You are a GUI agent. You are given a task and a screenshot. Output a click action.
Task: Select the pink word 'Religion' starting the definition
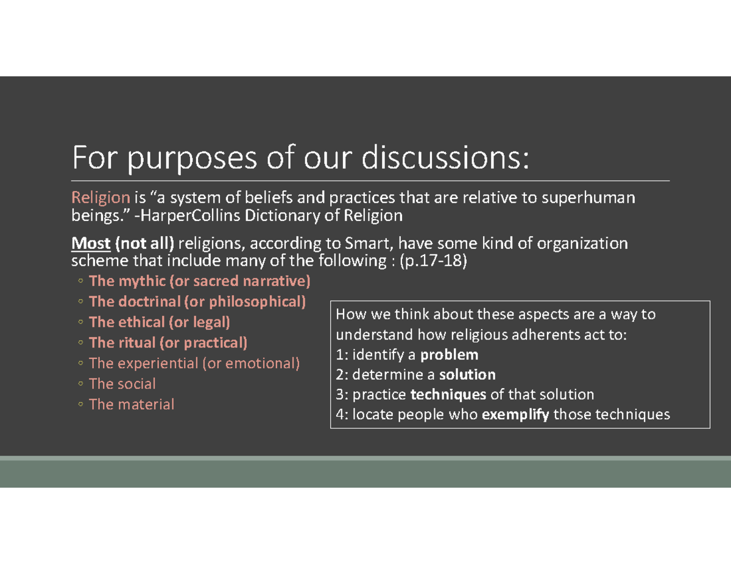tap(101, 197)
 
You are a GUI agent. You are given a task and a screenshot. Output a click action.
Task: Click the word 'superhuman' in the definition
tap(600, 197)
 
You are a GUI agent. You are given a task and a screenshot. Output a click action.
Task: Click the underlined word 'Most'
tap(91, 244)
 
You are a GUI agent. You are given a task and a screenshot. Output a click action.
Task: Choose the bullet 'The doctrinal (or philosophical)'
tap(197, 302)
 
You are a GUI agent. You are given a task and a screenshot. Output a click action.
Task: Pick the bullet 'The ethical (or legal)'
tap(159, 322)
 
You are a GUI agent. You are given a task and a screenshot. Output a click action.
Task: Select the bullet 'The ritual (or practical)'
tap(168, 343)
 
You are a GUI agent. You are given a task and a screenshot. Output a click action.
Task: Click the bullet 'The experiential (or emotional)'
tap(194, 363)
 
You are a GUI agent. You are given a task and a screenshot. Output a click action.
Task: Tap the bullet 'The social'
tap(122, 384)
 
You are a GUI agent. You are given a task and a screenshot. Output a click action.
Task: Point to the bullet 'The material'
tap(131, 404)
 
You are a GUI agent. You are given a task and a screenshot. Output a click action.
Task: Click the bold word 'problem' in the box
tap(450, 355)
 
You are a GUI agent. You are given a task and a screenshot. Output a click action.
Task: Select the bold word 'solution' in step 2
tap(467, 374)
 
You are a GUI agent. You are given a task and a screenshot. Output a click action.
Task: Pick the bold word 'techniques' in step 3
tap(449, 394)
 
